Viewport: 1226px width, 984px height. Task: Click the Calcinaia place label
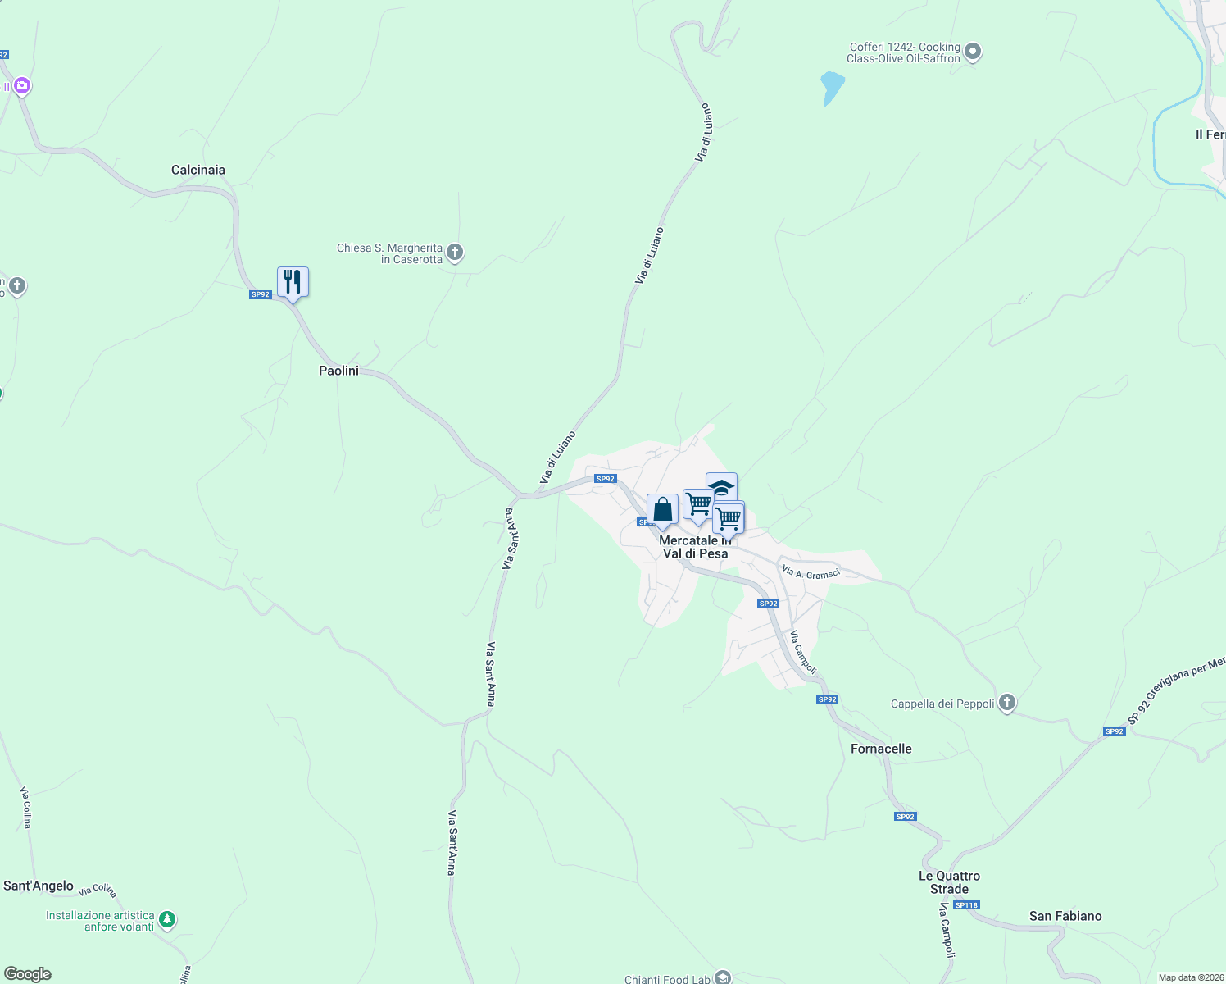click(x=198, y=170)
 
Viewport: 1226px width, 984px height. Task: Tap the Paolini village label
click(x=338, y=371)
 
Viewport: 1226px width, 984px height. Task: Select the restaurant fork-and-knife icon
click(x=293, y=282)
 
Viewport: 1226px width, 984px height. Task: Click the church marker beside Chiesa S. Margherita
click(x=455, y=253)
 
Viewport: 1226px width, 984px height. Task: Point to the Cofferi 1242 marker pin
click(x=973, y=52)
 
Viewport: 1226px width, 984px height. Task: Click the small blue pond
click(x=831, y=86)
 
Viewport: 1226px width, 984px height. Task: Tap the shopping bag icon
click(x=662, y=510)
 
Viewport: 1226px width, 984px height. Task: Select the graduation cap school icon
click(x=721, y=486)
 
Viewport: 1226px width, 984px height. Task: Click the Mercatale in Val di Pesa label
click(x=695, y=547)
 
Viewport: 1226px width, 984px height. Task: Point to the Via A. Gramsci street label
click(x=811, y=572)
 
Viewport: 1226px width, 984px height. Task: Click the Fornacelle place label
click(x=881, y=749)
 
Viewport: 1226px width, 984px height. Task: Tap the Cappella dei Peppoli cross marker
click(x=1007, y=703)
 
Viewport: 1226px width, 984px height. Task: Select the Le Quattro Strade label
click(x=949, y=882)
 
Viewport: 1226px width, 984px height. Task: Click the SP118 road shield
click(x=966, y=905)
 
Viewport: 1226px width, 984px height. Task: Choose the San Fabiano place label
click(x=1065, y=916)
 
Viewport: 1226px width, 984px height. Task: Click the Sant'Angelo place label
click(x=39, y=886)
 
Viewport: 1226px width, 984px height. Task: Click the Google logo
click(x=28, y=974)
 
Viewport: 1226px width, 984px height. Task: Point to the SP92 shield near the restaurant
click(x=260, y=294)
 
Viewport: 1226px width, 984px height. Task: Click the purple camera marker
click(x=22, y=85)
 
